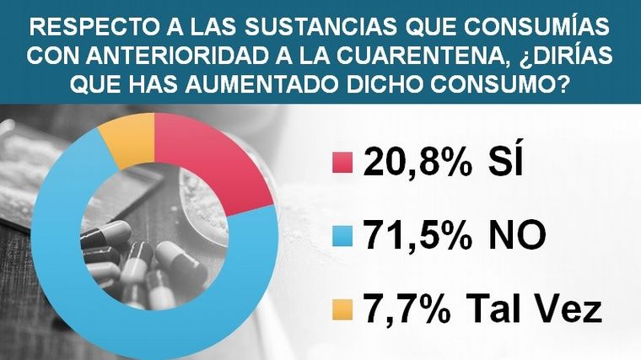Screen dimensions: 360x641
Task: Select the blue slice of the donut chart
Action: (x=72, y=253)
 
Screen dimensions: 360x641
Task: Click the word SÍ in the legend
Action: (x=504, y=163)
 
